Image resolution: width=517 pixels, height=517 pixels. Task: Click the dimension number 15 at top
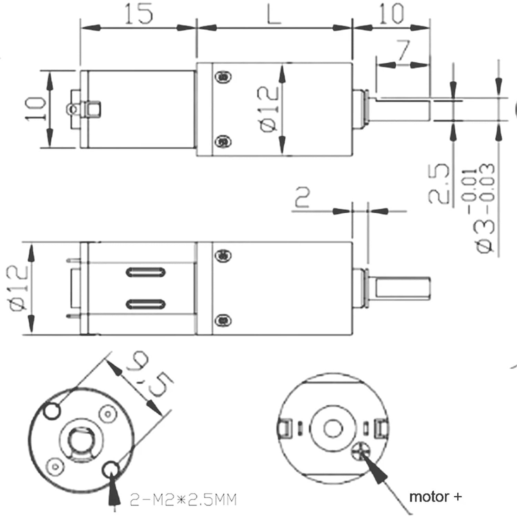tap(138, 14)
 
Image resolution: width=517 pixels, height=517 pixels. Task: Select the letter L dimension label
tap(274, 14)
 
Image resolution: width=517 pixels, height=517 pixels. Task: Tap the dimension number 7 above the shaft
tap(403, 50)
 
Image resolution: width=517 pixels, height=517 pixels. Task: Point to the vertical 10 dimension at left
tap(36, 109)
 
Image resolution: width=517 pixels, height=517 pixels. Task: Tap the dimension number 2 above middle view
tap(302, 197)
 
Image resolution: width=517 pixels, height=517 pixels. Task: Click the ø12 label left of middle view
tap(17, 288)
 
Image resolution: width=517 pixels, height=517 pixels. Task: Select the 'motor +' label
tap(435, 497)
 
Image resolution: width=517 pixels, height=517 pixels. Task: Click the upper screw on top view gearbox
tap(223, 77)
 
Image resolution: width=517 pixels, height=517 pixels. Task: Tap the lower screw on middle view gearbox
tap(223, 321)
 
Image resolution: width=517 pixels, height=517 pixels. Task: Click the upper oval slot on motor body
tap(145, 272)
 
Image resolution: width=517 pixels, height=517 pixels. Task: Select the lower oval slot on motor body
tap(145, 304)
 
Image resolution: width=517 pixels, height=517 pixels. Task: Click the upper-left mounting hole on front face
tap(52, 411)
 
